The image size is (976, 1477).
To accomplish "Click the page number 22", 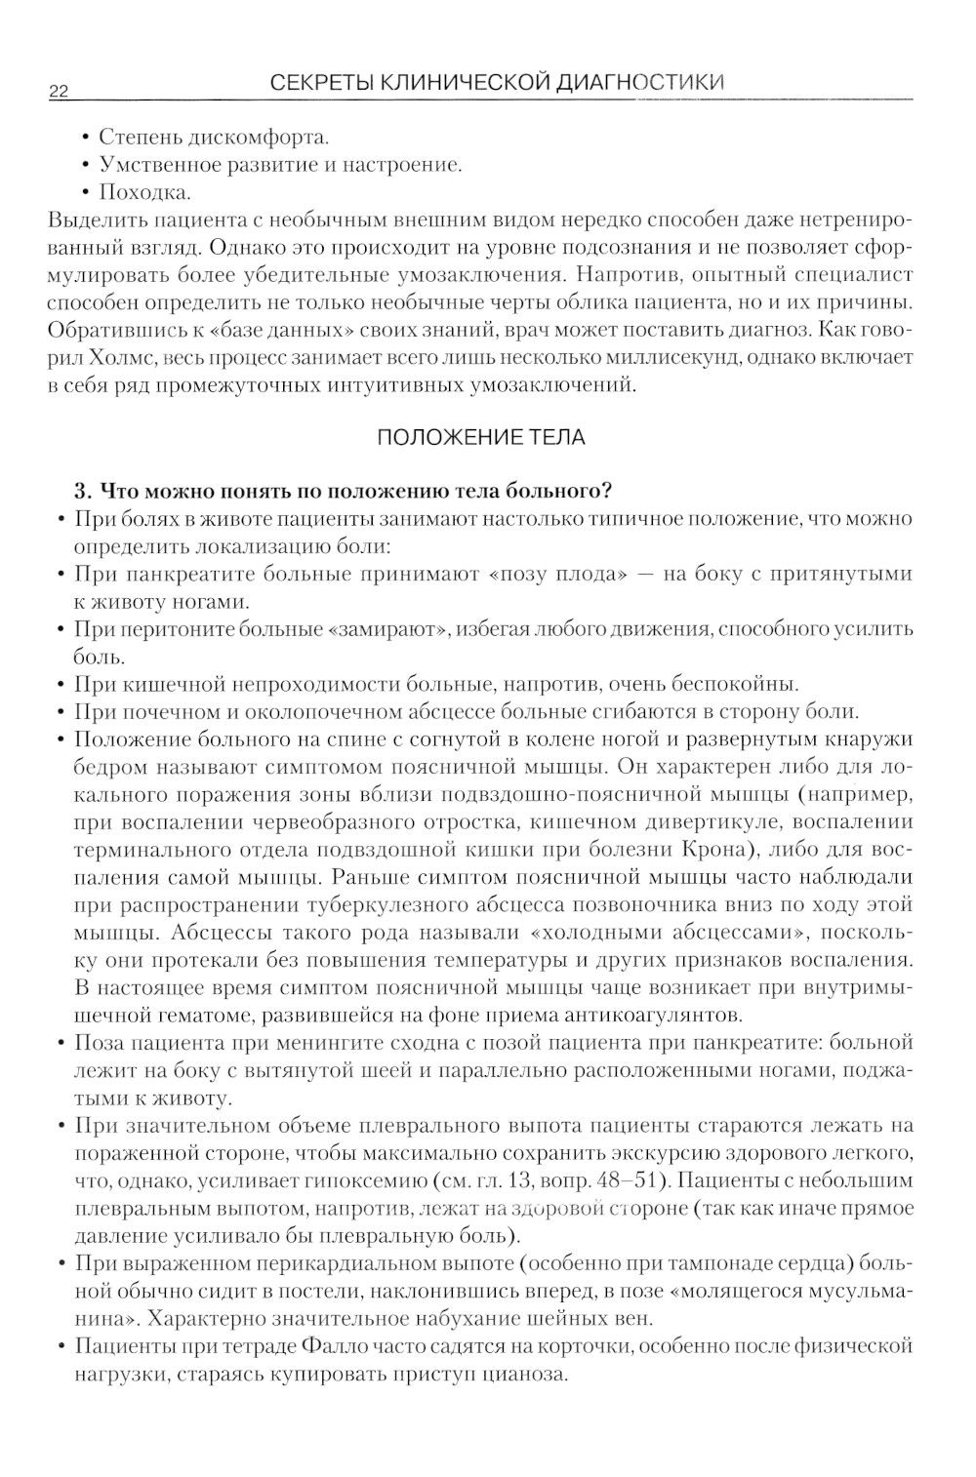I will [58, 92].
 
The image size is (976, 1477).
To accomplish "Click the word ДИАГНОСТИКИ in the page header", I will [641, 82].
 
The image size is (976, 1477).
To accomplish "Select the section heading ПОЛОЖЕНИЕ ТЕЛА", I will [481, 437].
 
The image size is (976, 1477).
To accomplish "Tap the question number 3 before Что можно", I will [82, 491].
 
